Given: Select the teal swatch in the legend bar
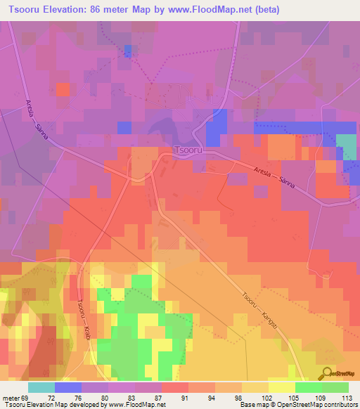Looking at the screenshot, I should point(41,387).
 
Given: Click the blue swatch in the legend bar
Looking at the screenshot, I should point(67,387).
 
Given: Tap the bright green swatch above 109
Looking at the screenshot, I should point(308,387).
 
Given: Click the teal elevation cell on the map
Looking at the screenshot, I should point(347,146).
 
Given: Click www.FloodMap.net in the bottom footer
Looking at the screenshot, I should point(136,405).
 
